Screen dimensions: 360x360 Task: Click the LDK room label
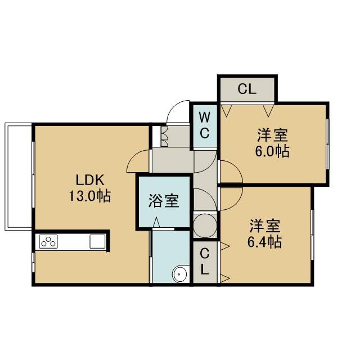pos(90,180)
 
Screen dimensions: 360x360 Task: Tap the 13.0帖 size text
pos(90,196)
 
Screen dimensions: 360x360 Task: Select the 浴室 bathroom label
pos(164,201)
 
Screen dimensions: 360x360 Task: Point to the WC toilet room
pos(205,125)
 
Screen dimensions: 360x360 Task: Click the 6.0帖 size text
pos(272,151)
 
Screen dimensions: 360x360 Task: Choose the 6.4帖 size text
pos(264,242)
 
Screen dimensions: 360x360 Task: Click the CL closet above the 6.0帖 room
pos(247,89)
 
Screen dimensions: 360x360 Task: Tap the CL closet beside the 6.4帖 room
pos(205,262)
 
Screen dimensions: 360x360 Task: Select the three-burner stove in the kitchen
pos(48,241)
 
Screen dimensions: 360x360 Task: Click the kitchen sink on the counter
pos(97,241)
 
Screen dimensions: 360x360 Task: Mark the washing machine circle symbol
pos(205,226)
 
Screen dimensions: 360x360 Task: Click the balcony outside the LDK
pos(18,176)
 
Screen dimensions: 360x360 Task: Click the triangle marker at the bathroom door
pos(156,222)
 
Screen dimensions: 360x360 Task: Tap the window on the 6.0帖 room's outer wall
pos(328,144)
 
